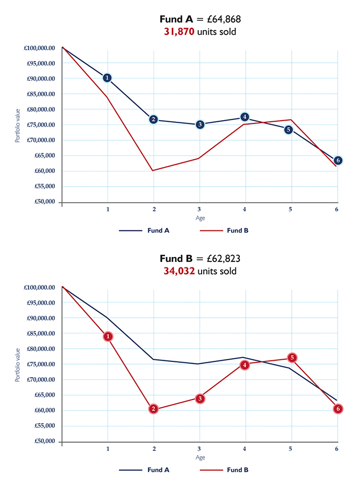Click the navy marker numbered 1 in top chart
tap(107, 78)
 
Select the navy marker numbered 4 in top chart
tap(244, 117)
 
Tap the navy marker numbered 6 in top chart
tap(338, 160)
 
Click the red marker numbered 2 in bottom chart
tap(154, 409)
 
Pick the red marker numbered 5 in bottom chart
tap(292, 358)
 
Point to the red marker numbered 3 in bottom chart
tap(200, 398)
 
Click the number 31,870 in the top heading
tap(179, 32)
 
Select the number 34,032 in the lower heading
tap(179, 271)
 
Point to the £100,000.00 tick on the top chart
tap(39, 48)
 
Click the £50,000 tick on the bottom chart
tap(43, 441)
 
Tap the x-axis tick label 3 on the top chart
tap(199, 210)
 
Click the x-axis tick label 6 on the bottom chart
tap(337, 449)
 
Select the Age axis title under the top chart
tap(200, 218)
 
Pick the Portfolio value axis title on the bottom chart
tap(17, 364)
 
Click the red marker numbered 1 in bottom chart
tap(108, 337)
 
